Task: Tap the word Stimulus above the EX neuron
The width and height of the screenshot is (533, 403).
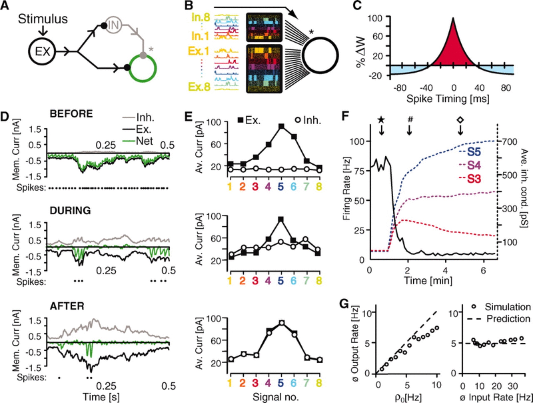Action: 43,19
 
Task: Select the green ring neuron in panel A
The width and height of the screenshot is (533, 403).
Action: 143,68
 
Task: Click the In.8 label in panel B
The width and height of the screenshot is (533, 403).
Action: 201,17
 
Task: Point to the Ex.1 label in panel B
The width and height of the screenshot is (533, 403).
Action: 199,51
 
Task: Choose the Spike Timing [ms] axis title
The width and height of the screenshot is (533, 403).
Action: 448,99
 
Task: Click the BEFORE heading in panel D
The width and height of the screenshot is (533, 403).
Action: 71,114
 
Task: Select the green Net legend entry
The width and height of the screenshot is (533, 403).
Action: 144,141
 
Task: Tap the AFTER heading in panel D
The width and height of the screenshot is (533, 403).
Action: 67,306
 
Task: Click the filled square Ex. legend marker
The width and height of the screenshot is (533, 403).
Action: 241,120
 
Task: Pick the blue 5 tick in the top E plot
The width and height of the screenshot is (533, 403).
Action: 281,187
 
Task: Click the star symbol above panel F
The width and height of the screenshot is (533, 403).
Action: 381,120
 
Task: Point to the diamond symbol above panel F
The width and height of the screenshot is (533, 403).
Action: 460,120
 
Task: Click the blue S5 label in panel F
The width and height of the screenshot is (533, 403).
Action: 474,152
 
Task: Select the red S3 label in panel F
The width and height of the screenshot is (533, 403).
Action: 474,179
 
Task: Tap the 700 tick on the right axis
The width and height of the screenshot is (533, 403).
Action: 510,141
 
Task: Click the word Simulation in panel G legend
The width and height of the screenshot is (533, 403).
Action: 507,307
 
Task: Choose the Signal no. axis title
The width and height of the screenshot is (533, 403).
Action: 275,397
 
